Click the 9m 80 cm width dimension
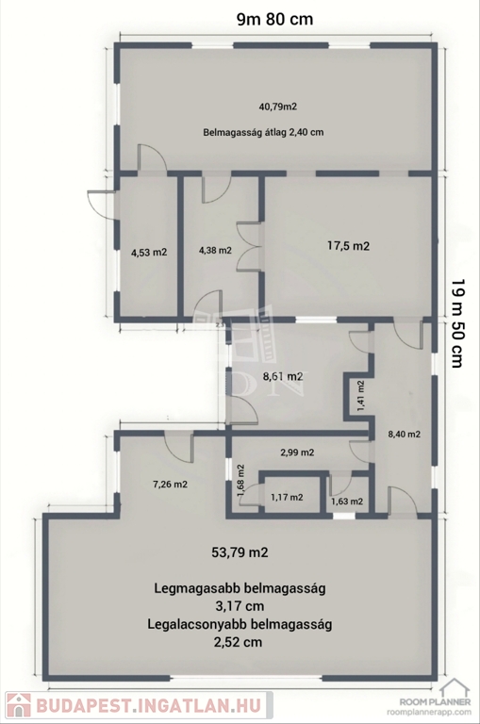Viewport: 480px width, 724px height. point(274,19)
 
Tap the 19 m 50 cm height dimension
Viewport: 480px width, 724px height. point(456,323)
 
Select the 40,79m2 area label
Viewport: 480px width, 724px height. point(277,107)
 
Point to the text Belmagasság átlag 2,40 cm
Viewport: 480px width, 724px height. point(263,132)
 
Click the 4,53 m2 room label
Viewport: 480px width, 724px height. point(149,253)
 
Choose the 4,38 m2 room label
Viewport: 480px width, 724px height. point(215,251)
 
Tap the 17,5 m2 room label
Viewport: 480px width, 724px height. point(348,246)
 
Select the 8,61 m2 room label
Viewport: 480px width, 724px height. point(283,376)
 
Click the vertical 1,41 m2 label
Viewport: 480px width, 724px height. point(361,396)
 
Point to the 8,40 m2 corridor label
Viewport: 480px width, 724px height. point(405,434)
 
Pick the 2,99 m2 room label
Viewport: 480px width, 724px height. point(298,452)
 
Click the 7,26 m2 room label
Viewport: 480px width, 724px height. point(170,485)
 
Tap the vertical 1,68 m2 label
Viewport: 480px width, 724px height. point(240,481)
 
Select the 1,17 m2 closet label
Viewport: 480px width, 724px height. point(287,498)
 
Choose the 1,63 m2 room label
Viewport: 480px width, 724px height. point(347,502)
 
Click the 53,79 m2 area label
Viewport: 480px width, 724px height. point(240,552)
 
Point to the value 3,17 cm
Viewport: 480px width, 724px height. point(240,606)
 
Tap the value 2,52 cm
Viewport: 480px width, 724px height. point(240,642)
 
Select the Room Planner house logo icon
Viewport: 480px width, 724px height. point(454,687)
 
